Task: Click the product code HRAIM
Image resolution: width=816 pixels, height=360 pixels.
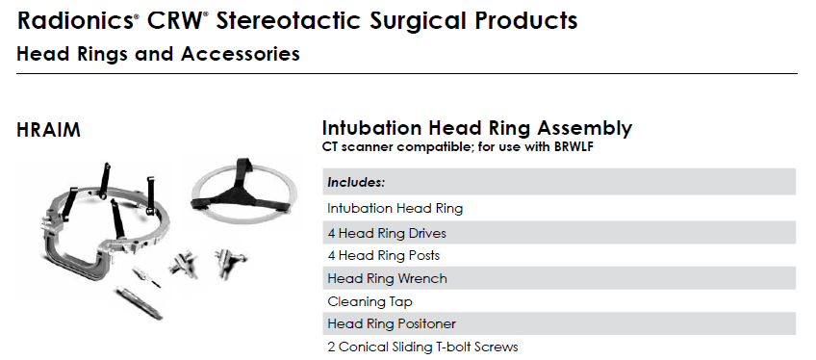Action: coord(48,130)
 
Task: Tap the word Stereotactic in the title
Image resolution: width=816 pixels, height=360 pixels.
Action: coord(288,21)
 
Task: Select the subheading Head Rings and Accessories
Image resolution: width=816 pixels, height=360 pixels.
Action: coord(158,54)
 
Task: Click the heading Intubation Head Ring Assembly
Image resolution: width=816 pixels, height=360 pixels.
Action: coord(477,128)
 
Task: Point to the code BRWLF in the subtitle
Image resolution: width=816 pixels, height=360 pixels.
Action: coord(573,146)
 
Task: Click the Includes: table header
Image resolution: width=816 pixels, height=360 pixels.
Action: coord(356,183)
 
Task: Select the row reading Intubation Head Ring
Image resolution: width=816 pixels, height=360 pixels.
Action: coord(395,209)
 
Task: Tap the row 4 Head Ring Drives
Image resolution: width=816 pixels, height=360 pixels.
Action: coord(387,234)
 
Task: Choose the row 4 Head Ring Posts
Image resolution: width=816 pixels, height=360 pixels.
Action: coord(384,256)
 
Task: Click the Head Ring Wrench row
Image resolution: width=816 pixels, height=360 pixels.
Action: coord(387,279)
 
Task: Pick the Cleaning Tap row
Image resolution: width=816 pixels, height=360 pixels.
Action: coord(370,301)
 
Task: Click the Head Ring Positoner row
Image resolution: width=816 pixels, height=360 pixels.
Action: coord(392,324)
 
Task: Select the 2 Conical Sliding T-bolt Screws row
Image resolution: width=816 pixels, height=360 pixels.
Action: coord(422,347)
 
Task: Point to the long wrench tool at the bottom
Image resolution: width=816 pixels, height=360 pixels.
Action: coord(139,302)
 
